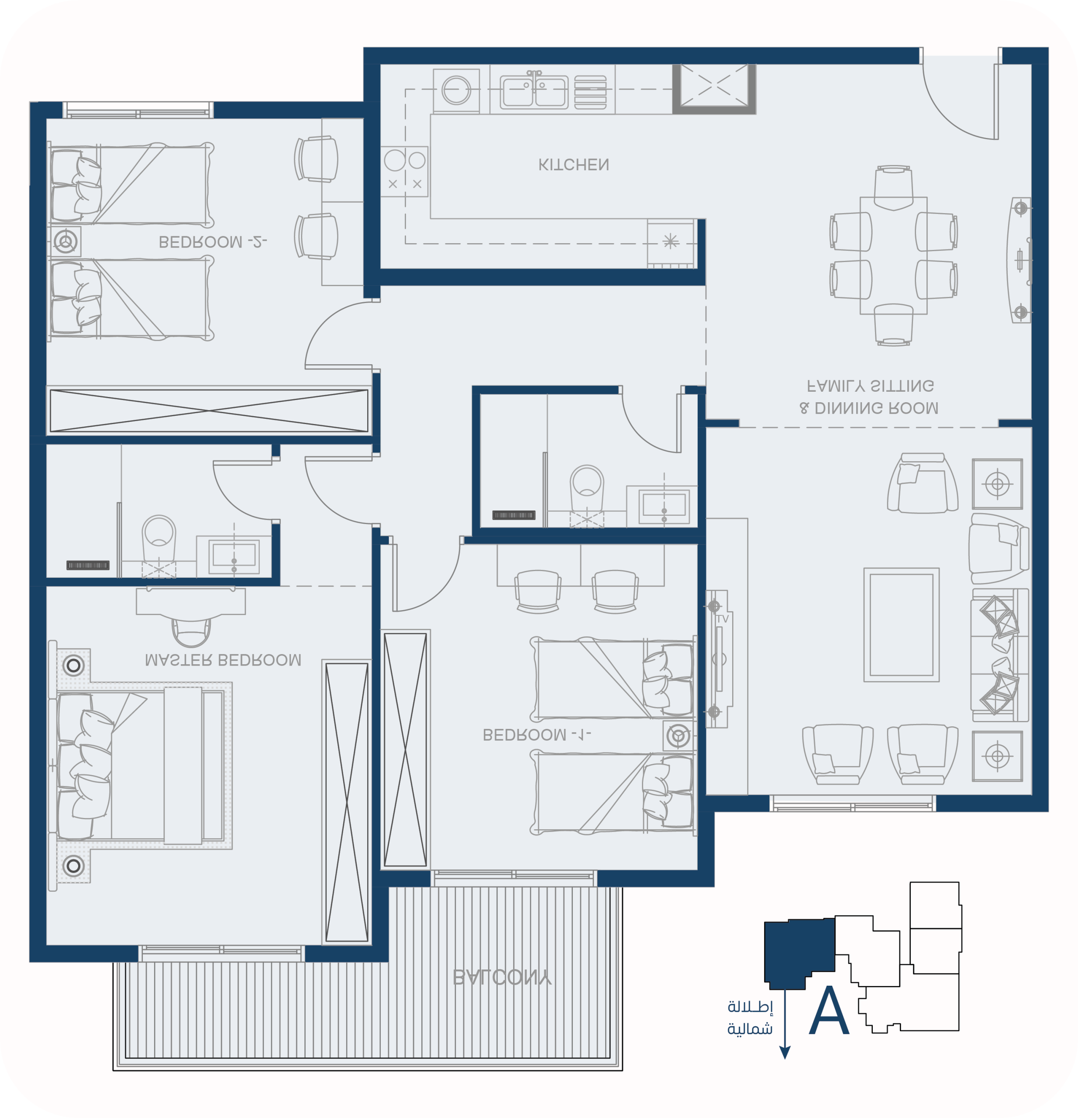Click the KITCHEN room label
click(573, 165)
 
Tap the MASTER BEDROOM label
click(223, 660)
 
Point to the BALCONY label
click(502, 978)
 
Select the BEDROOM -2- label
click(213, 242)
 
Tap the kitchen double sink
click(534, 91)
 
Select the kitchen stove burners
click(404, 172)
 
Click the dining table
click(893, 255)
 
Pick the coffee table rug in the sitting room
click(901, 625)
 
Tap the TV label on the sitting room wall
click(723, 619)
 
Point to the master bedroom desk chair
click(191, 632)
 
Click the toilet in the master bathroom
click(158, 541)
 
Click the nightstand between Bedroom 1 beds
click(678, 735)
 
